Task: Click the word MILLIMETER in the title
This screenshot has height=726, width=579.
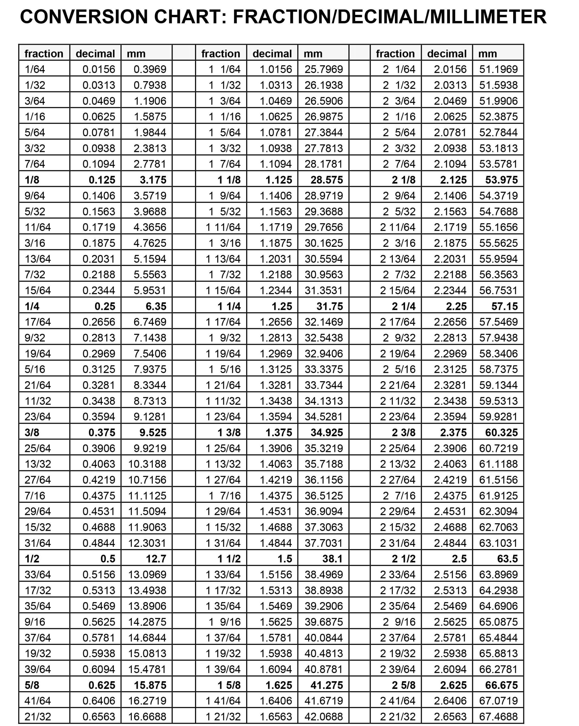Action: click(488, 17)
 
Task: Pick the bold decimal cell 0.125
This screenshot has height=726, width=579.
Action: click(102, 180)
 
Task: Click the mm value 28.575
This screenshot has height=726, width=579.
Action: click(326, 180)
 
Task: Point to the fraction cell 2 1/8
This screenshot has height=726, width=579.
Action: click(403, 180)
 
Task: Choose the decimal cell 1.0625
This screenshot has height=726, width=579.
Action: click(276, 117)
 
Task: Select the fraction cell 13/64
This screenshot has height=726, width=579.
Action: click(38, 259)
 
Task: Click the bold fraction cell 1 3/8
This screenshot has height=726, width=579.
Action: click(229, 433)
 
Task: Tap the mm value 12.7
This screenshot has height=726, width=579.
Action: click(156, 559)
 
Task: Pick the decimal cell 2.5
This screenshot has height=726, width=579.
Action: click(459, 559)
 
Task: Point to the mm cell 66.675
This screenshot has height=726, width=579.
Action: click(501, 685)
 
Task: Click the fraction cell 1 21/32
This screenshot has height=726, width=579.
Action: click(223, 717)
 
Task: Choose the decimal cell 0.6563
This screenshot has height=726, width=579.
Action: click(99, 717)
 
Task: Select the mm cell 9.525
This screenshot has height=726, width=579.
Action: click(153, 433)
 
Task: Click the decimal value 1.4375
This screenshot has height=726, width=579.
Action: click(276, 496)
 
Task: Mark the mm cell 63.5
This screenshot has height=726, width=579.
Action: click(507, 559)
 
